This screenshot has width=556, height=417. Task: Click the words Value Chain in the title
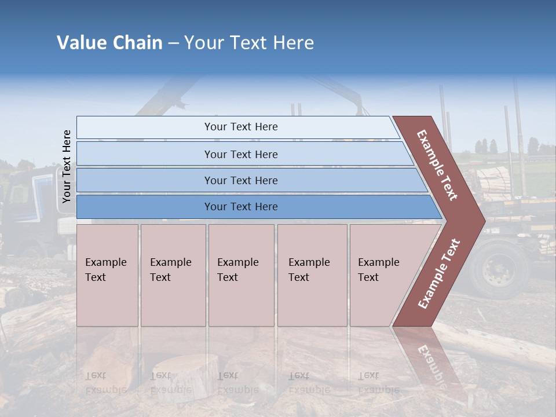109,43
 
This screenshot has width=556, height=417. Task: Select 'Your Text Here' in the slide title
249,43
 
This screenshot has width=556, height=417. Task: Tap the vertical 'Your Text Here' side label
67,167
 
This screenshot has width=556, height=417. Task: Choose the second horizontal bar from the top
241,154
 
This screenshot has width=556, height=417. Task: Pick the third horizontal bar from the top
241,181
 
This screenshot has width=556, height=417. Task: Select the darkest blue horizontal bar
241,207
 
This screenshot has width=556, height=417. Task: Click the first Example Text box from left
107,275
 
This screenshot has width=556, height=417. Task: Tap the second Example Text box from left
173,275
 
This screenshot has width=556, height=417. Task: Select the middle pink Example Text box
241,275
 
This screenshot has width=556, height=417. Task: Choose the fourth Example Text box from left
312,275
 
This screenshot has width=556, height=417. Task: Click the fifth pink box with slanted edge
382,275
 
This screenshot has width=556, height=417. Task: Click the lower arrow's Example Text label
439,273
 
